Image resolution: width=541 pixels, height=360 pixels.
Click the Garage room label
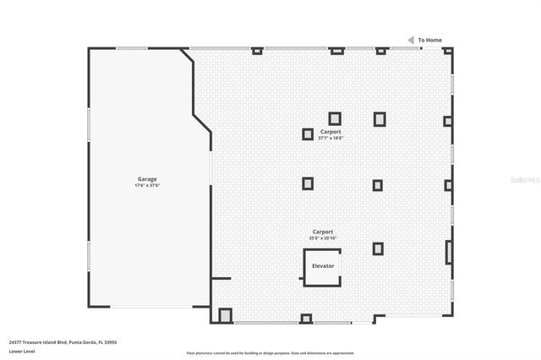147,178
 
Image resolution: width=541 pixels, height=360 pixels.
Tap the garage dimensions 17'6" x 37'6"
147,185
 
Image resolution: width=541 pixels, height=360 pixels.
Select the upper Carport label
331,132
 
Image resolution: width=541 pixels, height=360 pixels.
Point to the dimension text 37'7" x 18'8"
331,138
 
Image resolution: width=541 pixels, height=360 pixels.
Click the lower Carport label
323,232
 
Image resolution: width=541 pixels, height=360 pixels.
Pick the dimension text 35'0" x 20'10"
323,238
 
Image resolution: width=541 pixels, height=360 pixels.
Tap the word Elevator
323,265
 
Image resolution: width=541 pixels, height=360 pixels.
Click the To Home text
429,40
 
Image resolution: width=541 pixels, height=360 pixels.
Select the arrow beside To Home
412,40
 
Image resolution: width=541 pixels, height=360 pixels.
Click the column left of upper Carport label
308,134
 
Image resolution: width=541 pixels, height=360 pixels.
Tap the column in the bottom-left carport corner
225,315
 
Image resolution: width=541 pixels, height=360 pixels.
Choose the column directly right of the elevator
378,248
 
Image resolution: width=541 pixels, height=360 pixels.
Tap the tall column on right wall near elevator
449,252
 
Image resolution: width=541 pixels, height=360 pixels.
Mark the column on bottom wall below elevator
306,319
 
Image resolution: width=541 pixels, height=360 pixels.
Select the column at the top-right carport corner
448,51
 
